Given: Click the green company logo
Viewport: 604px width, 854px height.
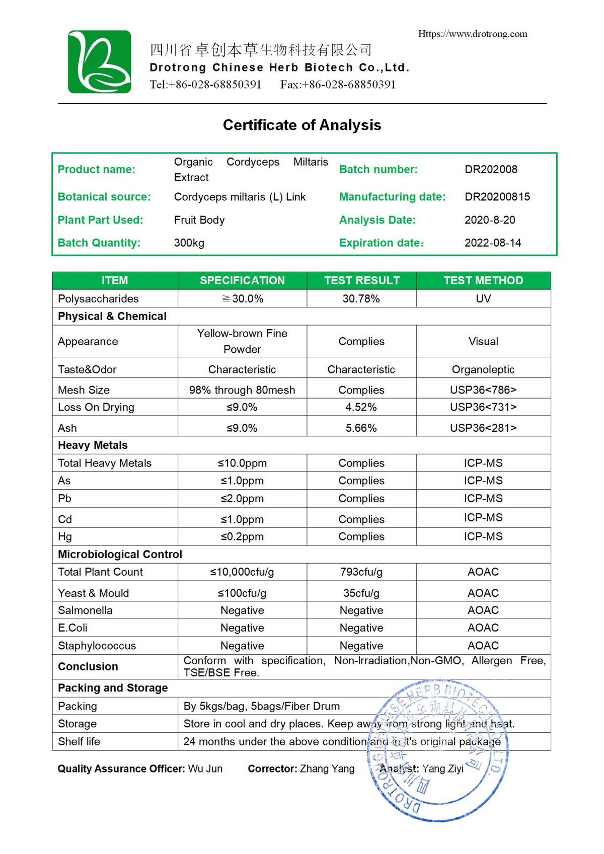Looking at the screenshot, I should pos(100,61).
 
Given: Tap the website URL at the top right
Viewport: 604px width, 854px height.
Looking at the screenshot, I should pos(473,34).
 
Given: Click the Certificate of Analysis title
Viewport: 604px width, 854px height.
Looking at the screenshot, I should pos(302,125).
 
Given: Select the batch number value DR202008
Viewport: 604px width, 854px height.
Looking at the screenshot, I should pos(491,169).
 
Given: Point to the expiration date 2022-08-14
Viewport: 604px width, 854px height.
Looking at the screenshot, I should pos(493,243).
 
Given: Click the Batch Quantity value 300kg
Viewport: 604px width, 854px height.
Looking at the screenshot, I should pos(189,243).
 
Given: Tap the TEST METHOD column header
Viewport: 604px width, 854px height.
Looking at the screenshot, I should pos(483,280).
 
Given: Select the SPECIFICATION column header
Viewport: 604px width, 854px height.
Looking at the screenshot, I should pos(242,280).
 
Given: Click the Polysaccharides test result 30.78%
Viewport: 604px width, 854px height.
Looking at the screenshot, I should pos(361,298).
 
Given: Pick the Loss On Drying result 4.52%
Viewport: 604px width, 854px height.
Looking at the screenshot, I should pos(361,407).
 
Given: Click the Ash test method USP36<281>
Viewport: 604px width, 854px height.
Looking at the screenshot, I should pos(483,428).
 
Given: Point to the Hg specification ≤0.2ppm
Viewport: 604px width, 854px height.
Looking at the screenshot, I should pos(242,536).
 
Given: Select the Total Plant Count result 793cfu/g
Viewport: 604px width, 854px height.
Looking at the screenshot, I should pos(361,572).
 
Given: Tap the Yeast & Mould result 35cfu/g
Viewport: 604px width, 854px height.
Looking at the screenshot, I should pos(361,593).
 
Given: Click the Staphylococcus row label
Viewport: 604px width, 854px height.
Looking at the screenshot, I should pos(97,646).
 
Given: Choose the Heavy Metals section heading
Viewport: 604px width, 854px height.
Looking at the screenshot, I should pos(93,445).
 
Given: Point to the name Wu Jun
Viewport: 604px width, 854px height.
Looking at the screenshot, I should pos(205,768).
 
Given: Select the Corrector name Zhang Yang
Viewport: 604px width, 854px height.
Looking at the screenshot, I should pos(327,768).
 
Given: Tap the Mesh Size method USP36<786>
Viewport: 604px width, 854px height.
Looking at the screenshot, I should pos(483,390).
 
